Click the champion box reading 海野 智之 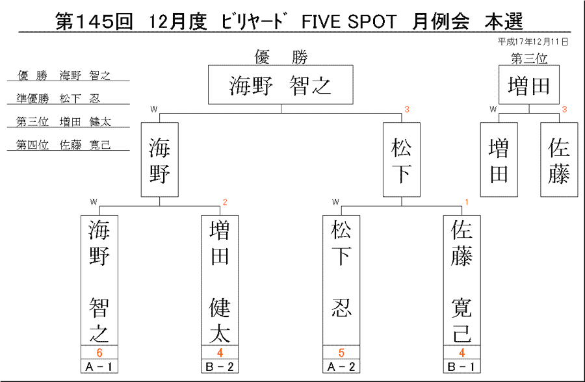click(x=281, y=84)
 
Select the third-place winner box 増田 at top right click(x=529, y=84)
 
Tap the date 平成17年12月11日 click(x=533, y=42)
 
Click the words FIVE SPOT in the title click(x=349, y=21)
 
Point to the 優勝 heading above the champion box click(x=281, y=57)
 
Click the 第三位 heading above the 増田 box click(x=529, y=58)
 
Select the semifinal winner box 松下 click(x=402, y=160)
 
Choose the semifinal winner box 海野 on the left click(x=160, y=160)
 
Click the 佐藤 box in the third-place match click(x=559, y=160)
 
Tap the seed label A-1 click(x=99, y=366)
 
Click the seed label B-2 click(x=220, y=366)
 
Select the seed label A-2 click(x=341, y=366)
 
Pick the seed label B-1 click(x=462, y=366)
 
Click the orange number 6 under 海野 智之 click(x=99, y=353)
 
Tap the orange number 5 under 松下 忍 click(x=341, y=353)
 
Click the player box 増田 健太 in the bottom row click(x=220, y=280)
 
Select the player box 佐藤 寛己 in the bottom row click(x=462, y=280)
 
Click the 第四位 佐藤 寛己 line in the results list click(x=64, y=145)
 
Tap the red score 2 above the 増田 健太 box click(x=225, y=202)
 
